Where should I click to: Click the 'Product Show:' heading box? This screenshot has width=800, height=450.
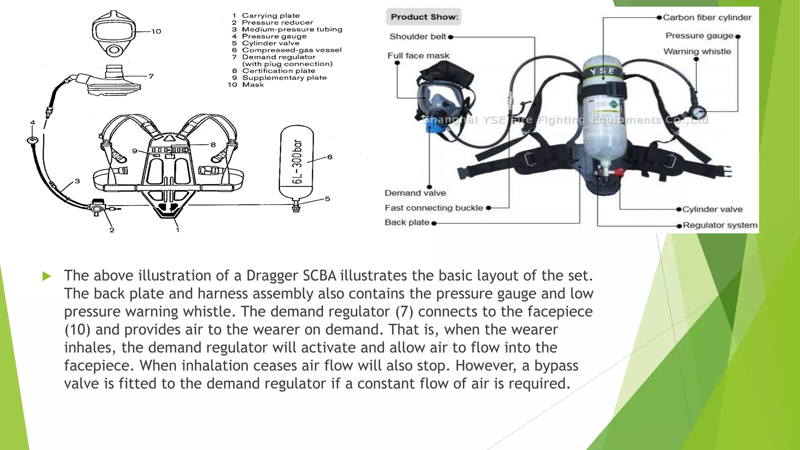click(424, 17)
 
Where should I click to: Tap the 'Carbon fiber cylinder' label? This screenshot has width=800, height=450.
click(707, 18)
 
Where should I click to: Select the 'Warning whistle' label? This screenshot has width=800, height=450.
click(697, 52)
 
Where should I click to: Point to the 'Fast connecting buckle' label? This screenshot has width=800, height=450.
click(434, 208)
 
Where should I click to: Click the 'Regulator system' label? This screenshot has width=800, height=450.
click(720, 225)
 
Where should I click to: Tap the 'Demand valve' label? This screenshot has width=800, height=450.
click(415, 193)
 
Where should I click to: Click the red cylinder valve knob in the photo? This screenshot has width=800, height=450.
click(619, 172)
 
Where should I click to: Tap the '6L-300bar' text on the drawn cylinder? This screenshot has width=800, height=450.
click(297, 161)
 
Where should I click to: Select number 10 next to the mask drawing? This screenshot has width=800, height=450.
click(156, 31)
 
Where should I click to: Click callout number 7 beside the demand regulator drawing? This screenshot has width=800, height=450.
click(151, 76)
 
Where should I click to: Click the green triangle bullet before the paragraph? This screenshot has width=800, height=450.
click(46, 276)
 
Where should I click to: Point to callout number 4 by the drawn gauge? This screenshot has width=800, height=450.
click(33, 123)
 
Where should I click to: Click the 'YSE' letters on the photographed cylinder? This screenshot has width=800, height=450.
click(602, 71)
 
